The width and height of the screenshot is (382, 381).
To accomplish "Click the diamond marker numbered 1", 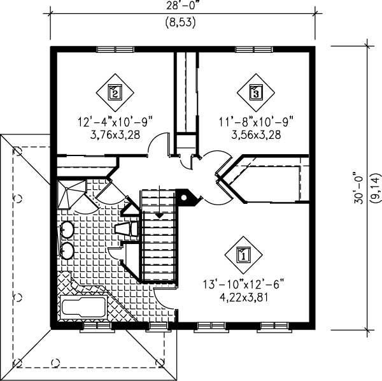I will click(x=243, y=256).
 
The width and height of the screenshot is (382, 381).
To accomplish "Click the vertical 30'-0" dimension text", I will click(x=360, y=190).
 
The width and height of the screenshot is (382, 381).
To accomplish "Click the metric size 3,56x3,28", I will click(x=255, y=134).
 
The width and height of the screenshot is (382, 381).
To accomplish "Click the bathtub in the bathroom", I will click(x=83, y=306).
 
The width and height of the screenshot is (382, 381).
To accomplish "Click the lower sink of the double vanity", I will click(x=66, y=249).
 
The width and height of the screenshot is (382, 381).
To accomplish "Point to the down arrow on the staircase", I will click(x=158, y=215).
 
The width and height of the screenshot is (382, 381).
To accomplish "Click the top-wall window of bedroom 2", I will click(x=115, y=49).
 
